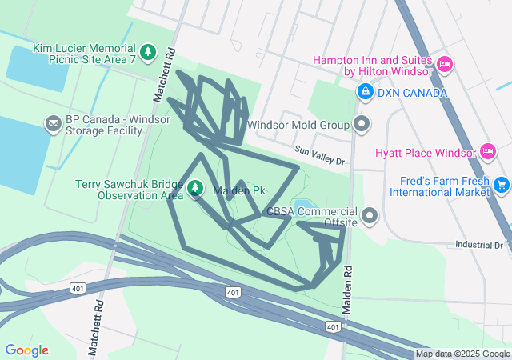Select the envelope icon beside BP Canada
click(54, 124)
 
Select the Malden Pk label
click(238, 190)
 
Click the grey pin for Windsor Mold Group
click(362, 124)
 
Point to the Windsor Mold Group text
click(298, 125)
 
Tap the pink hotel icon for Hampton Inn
click(446, 64)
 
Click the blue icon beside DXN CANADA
click(366, 92)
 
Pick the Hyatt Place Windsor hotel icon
click(487, 151)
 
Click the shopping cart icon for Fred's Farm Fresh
click(502, 185)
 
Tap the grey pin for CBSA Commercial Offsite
click(370, 216)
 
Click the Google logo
click(26, 350)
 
